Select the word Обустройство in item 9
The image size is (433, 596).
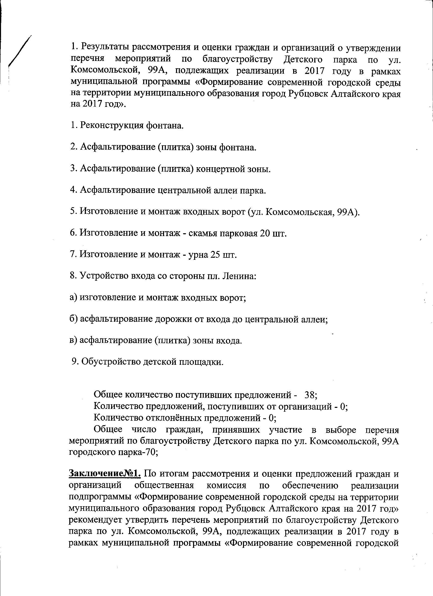coord(111,362)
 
